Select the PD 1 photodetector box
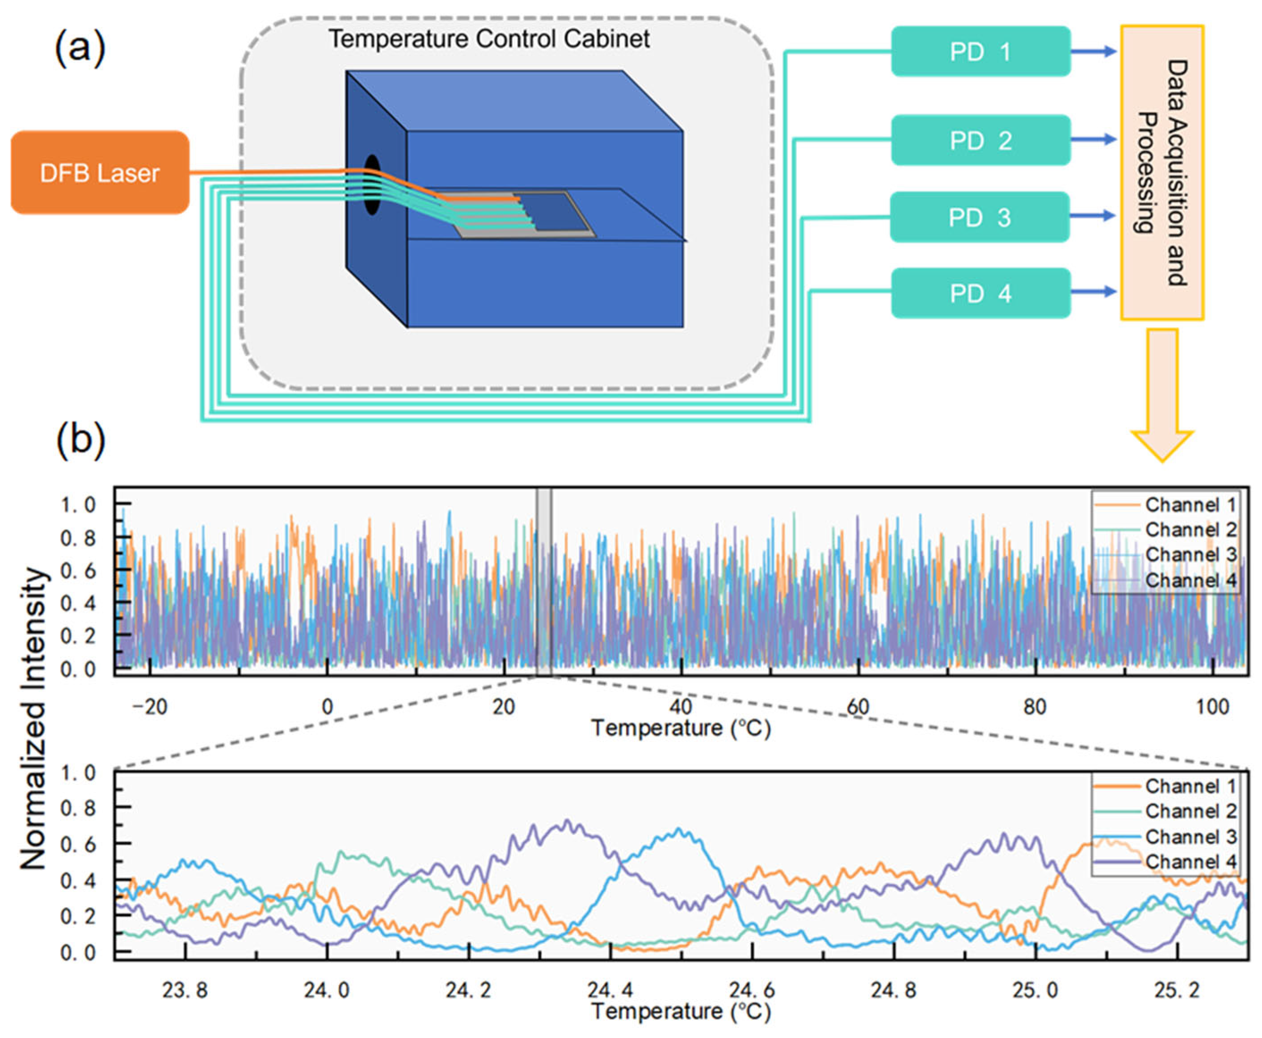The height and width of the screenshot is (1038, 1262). [x=980, y=51]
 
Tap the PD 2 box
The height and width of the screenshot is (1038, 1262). [x=980, y=140]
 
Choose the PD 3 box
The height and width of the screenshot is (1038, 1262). [x=980, y=217]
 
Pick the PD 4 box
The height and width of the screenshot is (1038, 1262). [x=980, y=293]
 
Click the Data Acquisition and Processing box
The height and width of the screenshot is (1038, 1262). [x=1161, y=172]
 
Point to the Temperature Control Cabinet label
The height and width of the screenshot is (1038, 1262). [x=489, y=39]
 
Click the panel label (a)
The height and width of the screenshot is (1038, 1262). [x=80, y=48]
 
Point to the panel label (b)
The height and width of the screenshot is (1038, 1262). [x=80, y=440]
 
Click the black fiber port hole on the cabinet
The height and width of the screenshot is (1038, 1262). [x=372, y=185]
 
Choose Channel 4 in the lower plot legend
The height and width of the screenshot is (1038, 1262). [x=1190, y=862]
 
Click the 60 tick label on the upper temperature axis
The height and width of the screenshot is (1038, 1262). [x=858, y=707]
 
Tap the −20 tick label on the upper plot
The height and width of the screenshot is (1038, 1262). [x=150, y=707]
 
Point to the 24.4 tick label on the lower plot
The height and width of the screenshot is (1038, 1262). [x=610, y=991]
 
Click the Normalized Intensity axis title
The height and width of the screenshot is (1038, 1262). [x=34, y=717]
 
